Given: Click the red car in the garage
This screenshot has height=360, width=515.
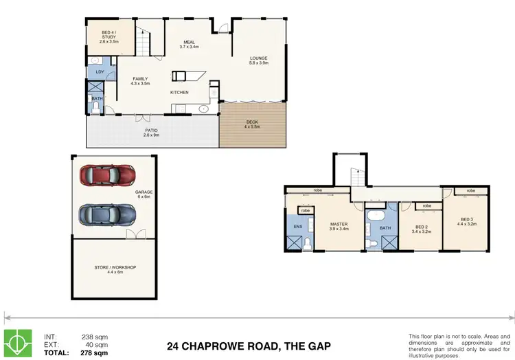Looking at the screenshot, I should [x=108, y=176].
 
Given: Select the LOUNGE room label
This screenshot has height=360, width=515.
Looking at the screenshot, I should [x=258, y=58].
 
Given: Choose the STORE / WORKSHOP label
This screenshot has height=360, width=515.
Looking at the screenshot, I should [x=115, y=267].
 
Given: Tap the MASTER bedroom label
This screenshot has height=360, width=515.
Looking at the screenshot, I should [x=339, y=223].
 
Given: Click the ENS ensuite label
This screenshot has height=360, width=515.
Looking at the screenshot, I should [x=298, y=225].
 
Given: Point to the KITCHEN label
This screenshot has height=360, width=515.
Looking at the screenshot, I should [x=180, y=92].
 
